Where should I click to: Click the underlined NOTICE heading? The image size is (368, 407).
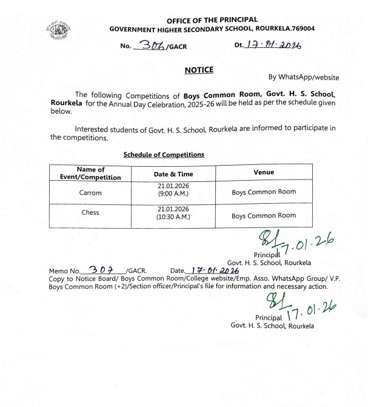pyautogui.click(x=199, y=70)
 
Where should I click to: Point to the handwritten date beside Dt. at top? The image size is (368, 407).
pyautogui.click(x=276, y=45)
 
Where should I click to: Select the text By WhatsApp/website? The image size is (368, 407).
pyautogui.click(x=303, y=77)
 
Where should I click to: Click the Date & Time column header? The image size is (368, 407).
pyautogui.click(x=173, y=174)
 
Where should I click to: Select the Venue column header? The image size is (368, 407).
pyautogui.click(x=263, y=172)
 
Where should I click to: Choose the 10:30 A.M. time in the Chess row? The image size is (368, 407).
pyautogui.click(x=173, y=217)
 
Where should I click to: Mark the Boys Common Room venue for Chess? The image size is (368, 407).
pyautogui.click(x=264, y=215)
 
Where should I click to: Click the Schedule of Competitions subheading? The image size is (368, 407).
pyautogui.click(x=164, y=155)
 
